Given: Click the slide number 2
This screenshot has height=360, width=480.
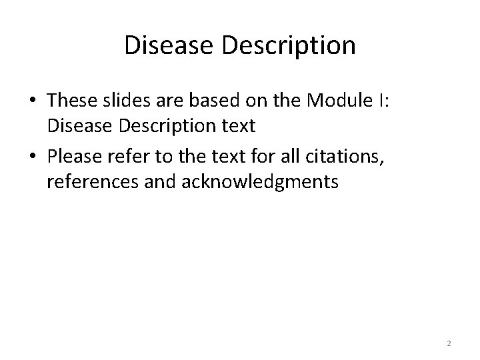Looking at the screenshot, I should [449, 343].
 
